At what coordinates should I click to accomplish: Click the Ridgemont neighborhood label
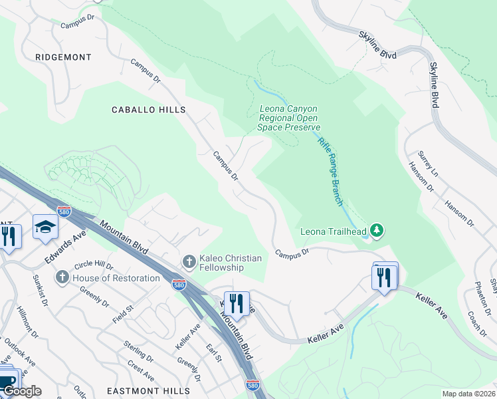click(64, 57)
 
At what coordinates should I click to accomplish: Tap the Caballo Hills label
click(148, 109)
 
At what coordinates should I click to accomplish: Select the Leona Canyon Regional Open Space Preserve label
click(289, 118)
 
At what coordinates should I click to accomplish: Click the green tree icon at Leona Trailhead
click(377, 230)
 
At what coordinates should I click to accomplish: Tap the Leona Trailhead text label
click(334, 231)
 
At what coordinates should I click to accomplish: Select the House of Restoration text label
click(116, 278)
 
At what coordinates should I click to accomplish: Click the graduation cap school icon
click(45, 227)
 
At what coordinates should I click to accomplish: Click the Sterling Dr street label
click(138, 352)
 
